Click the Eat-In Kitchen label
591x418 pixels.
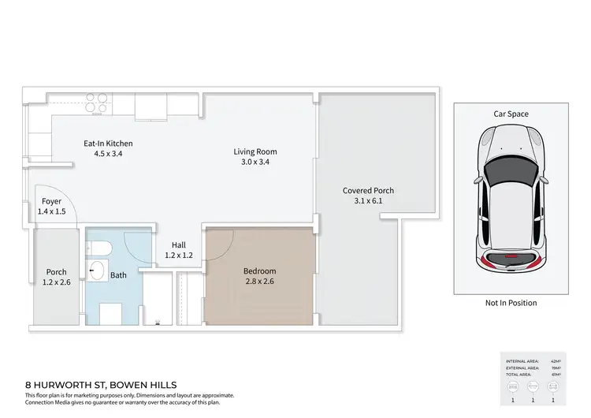108,144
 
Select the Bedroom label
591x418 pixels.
259,270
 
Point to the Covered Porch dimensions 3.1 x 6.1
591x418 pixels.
368,202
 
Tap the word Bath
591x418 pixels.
118,275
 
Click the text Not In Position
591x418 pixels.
511,303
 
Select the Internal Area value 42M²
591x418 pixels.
556,360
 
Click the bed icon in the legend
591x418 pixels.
513,388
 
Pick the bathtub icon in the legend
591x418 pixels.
535,388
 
